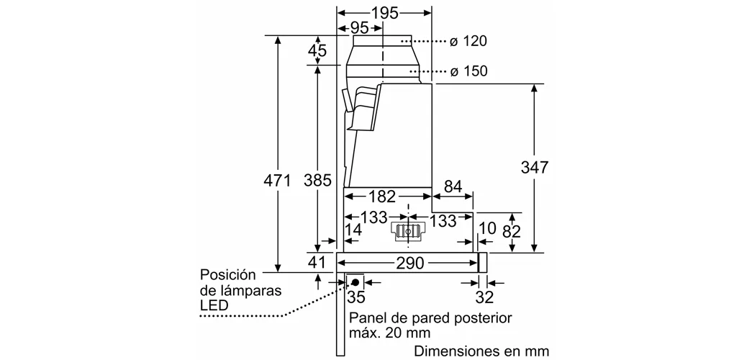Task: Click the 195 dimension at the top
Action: point(386,14)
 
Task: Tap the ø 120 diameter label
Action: point(468,42)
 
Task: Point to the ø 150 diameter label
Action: point(468,71)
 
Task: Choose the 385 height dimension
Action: point(317,181)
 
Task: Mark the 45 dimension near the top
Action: point(317,51)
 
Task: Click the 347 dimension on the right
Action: point(534,168)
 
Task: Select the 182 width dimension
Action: point(381,196)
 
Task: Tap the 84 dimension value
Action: point(453,187)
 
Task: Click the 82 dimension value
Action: point(511,231)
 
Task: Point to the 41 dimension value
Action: point(317,262)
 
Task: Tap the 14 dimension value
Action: point(353,231)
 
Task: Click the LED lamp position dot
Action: point(355,282)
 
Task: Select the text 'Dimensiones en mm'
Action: point(481,351)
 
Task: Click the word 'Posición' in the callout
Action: point(228,275)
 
